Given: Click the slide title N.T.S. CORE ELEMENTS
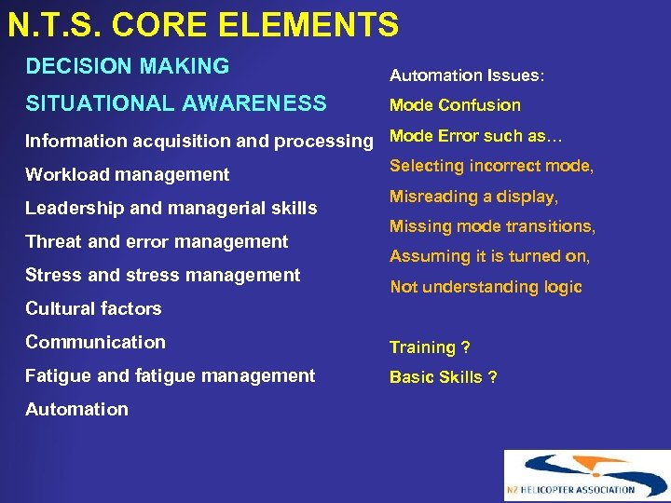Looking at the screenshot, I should click(203, 25).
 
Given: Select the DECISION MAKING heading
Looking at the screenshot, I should click(127, 67).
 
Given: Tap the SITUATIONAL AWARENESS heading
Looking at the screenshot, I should click(175, 103).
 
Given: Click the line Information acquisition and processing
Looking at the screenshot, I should click(199, 142).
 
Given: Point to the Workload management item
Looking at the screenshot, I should click(127, 175).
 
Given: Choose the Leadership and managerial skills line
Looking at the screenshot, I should click(171, 209).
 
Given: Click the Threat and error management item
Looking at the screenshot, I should click(157, 242).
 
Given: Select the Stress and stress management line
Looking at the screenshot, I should click(162, 276).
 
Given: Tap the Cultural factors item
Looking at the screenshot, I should click(93, 309).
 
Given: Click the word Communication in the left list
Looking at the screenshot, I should click(95, 343).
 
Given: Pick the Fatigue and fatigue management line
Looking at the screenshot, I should click(170, 376).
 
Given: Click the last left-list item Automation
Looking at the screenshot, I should click(76, 410).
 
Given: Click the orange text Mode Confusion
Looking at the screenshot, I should click(455, 105).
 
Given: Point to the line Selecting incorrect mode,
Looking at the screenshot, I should click(491, 167).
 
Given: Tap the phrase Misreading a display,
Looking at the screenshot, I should click(473, 197).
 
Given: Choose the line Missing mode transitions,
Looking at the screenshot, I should click(492, 226).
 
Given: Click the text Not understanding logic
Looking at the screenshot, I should click(486, 288).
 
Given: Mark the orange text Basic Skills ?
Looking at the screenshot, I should click(443, 377).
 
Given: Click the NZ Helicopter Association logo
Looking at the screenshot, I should click(586, 476).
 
